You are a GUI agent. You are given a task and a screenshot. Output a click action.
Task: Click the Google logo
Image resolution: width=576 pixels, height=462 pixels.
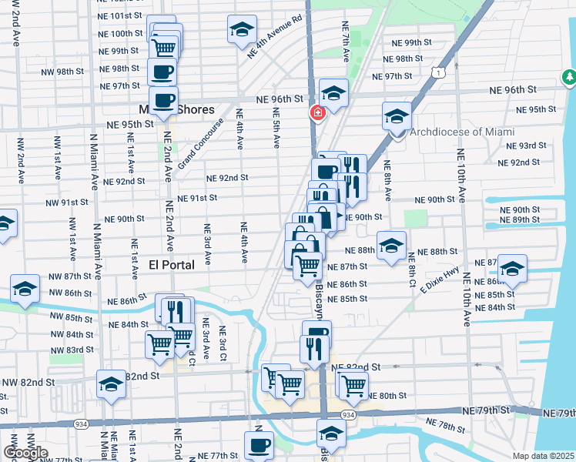tap(25, 453)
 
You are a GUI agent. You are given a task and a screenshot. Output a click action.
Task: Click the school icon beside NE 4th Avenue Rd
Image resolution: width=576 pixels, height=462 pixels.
tap(242, 31)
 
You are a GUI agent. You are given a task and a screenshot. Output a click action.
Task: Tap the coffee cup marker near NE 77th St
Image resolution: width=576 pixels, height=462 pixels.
tap(259, 444)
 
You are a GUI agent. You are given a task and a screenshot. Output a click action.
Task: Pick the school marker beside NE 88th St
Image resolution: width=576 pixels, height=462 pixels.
tap(392, 246)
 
